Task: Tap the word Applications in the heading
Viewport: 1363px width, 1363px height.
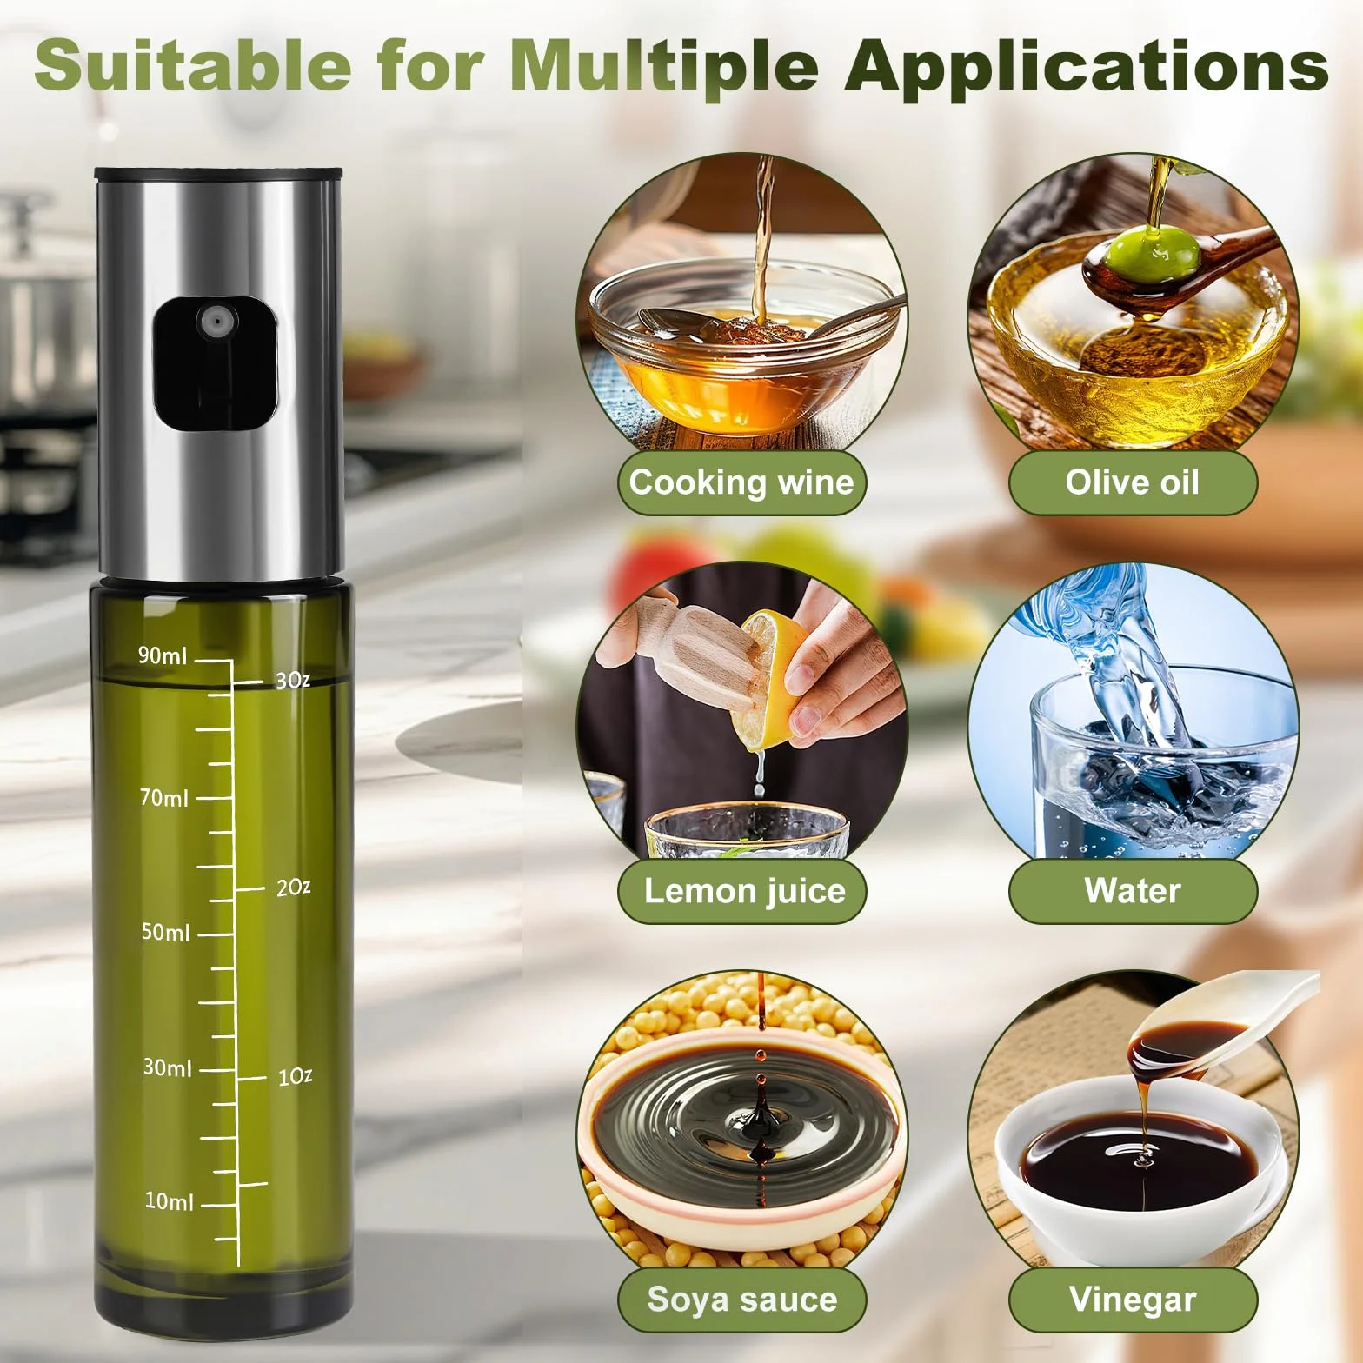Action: point(1086,64)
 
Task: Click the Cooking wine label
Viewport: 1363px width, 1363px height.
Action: point(741,482)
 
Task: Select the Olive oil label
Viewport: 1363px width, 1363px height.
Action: point(1133,482)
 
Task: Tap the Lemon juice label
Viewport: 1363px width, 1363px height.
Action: point(744,891)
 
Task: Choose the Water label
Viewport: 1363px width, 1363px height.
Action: point(1133,891)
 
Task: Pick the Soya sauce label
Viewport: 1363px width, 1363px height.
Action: point(742,1300)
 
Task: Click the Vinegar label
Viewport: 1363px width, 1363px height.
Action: point(1133,1300)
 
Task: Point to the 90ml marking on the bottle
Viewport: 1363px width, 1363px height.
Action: point(163,655)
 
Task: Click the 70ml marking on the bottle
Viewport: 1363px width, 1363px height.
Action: point(164,797)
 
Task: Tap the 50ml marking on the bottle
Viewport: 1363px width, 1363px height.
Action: point(165,933)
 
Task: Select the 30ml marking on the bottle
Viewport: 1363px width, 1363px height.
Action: point(167,1067)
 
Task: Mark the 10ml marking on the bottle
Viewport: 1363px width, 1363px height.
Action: point(169,1202)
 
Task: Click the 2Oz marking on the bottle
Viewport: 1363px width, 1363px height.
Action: point(293,888)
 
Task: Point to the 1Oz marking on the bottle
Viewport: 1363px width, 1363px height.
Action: point(295,1077)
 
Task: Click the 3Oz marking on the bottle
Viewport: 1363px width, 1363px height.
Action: point(292,680)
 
